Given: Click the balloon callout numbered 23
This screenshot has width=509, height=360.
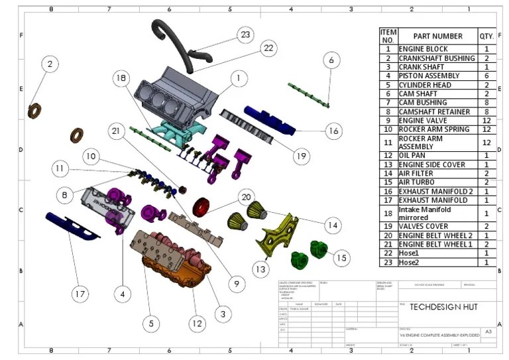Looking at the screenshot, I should [x=246, y=34].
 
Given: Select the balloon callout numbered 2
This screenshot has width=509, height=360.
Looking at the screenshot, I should [x=50, y=64].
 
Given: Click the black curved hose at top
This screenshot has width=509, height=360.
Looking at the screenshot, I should [x=174, y=43].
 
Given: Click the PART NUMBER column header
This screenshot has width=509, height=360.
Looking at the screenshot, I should [x=437, y=36].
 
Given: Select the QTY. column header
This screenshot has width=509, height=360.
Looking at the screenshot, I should [x=486, y=36].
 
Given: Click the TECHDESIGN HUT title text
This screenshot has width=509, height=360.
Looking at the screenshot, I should [x=443, y=307].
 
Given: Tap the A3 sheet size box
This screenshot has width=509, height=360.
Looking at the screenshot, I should [x=488, y=331].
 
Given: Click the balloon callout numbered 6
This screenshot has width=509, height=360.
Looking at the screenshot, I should [x=331, y=60].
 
